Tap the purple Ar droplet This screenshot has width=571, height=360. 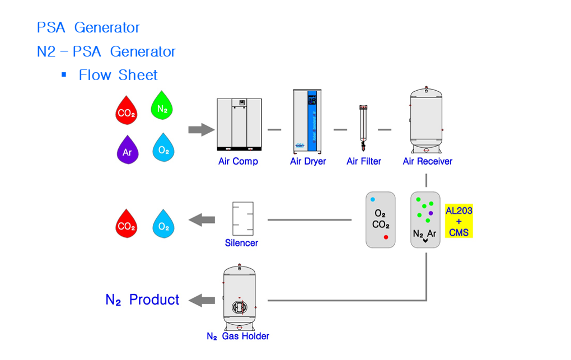(x=128, y=150)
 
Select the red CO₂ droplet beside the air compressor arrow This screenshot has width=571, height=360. (x=127, y=110)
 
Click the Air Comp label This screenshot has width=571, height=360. (x=238, y=161)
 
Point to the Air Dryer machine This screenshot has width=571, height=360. (x=307, y=121)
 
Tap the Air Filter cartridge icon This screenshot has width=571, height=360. (x=363, y=128)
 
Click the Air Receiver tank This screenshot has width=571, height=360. (x=426, y=120)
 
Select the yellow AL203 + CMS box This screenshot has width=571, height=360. (x=459, y=221)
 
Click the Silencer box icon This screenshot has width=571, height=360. (x=243, y=218)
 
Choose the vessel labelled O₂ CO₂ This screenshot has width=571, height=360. (x=381, y=220)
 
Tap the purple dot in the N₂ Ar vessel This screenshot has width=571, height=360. (x=431, y=213)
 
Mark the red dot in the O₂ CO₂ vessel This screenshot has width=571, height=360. (x=386, y=237)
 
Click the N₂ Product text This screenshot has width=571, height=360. (x=142, y=300)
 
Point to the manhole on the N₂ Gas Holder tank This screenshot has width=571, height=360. (x=239, y=307)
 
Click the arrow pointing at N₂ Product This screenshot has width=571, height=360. (x=202, y=300)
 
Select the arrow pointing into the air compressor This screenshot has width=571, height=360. (x=202, y=130)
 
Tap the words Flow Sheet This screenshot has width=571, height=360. (x=118, y=75)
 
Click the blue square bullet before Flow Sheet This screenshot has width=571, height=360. (x=64, y=74)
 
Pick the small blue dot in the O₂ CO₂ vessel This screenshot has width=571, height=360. (x=372, y=200)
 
